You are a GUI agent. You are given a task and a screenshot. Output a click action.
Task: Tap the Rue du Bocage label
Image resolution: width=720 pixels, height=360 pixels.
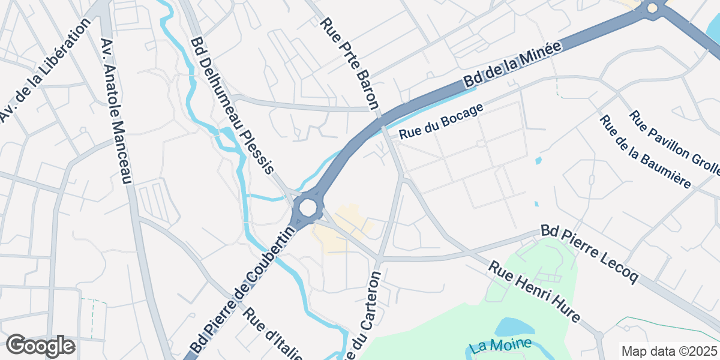click(440, 122)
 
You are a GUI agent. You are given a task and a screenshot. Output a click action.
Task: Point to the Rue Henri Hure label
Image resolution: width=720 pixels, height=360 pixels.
click(534, 292)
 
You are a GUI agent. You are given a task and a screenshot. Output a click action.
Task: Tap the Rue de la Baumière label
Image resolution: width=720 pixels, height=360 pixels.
click(645, 151)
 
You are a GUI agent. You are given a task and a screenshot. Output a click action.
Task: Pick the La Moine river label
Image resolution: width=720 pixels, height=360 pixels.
click(501, 346)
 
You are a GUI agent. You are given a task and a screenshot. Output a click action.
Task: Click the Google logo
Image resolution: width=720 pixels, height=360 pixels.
click(40, 346)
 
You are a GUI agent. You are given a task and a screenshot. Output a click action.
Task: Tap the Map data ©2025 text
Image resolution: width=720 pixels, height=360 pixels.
click(668, 351)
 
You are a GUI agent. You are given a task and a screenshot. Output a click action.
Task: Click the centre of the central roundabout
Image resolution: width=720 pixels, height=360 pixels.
click(307, 208)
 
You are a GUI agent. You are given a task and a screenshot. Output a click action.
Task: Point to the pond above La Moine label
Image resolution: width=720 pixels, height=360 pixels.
click(515, 327)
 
